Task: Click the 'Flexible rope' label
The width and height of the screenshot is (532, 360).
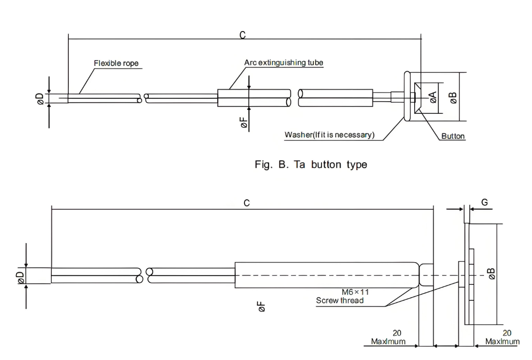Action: (116, 63)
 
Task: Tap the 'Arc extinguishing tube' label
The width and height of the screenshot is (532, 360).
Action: (284, 63)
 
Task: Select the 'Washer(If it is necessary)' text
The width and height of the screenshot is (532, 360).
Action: (329, 135)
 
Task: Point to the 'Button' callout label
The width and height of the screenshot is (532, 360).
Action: (453, 136)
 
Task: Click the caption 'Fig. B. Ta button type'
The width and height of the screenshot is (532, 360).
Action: (311, 165)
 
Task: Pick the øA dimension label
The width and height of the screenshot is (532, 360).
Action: (433, 97)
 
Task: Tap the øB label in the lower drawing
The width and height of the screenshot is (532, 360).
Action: (491, 274)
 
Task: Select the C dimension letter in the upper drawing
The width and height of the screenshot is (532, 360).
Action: (242, 35)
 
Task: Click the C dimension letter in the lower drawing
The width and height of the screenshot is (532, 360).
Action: (247, 203)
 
